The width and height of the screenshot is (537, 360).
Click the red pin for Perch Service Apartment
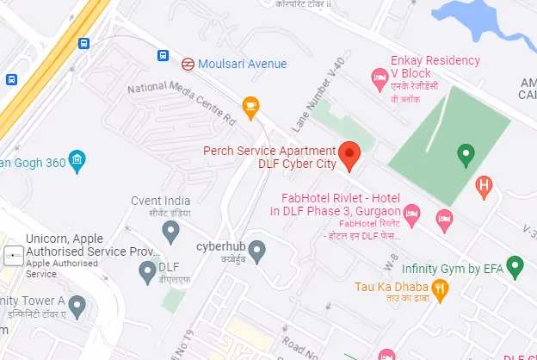349,152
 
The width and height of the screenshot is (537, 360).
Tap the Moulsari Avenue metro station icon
187,63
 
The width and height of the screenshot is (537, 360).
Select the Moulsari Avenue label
242,64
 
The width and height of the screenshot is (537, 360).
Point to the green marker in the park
466,154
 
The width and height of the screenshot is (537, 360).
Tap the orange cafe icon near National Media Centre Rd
251,107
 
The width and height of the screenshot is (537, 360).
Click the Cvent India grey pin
170,231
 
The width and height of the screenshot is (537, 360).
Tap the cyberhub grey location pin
256,251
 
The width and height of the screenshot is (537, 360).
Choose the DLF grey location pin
146,271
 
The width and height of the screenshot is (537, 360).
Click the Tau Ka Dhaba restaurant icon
440,289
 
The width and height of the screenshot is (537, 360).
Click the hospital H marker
485,185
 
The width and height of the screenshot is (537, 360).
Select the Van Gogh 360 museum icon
77,160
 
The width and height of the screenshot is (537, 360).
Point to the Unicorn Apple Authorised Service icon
14,255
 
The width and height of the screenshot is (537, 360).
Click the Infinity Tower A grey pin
77,305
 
